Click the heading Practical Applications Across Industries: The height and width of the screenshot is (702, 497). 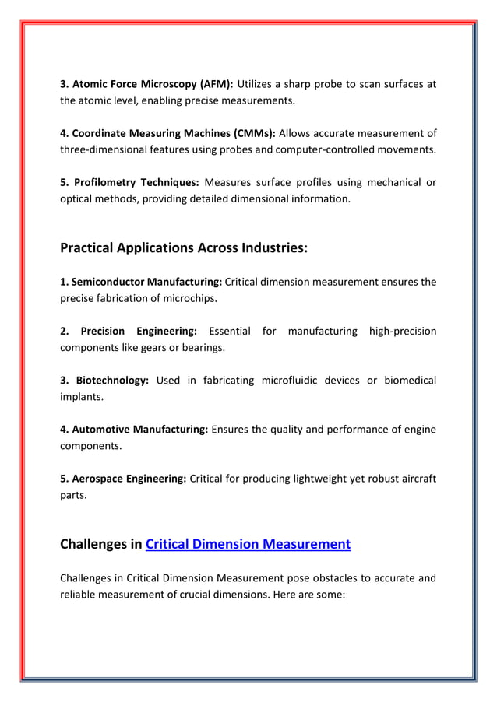click(x=184, y=248)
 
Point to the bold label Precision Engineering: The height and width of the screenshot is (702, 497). click(x=129, y=331)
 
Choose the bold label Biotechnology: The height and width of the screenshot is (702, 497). click(x=104, y=380)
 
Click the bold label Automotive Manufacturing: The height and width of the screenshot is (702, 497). click(x=134, y=429)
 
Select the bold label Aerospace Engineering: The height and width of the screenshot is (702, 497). click(x=123, y=478)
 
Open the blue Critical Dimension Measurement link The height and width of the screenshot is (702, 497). click(x=248, y=544)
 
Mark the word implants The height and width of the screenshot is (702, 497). click(x=82, y=395)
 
